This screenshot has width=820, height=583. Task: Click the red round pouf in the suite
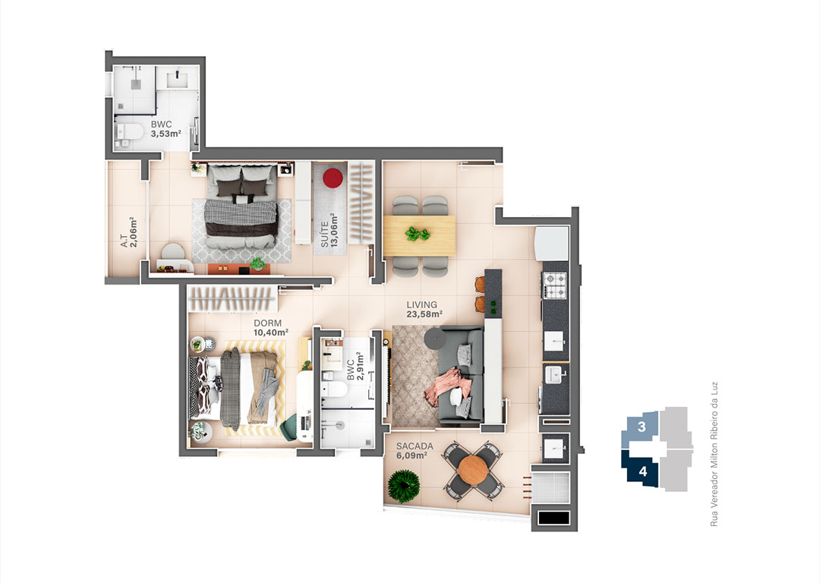(x=333, y=178)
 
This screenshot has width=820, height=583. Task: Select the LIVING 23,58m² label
(x=424, y=309)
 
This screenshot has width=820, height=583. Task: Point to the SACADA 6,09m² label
(x=415, y=450)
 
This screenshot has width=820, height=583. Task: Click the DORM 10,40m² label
(x=271, y=328)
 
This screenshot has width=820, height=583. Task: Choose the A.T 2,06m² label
(x=128, y=232)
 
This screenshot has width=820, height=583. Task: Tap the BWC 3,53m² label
(x=166, y=128)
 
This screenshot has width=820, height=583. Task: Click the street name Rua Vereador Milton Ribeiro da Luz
(x=714, y=453)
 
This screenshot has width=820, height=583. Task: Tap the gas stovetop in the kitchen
(x=555, y=285)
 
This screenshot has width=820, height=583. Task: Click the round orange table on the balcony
(x=472, y=471)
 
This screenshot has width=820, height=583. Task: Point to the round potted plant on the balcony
(x=404, y=487)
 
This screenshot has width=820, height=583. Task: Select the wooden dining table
(x=419, y=236)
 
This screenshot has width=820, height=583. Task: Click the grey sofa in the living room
(x=460, y=373)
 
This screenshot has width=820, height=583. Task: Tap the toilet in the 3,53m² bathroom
(x=129, y=133)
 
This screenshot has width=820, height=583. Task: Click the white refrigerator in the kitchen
(x=552, y=243)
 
